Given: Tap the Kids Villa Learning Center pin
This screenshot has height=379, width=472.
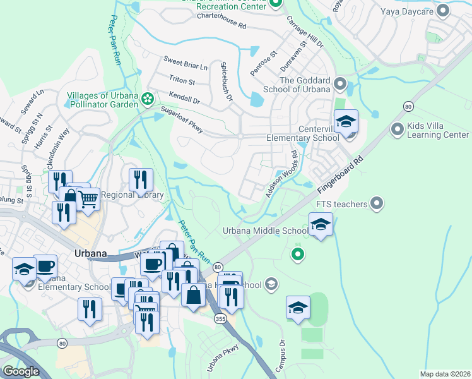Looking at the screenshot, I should tap(397, 129).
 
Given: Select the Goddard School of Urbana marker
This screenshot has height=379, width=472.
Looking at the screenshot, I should tap(340, 83).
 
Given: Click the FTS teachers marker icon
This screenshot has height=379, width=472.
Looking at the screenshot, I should tap(377, 203).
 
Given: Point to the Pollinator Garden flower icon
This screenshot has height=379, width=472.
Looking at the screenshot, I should tap(147, 98).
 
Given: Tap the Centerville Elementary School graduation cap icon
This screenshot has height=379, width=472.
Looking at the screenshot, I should tap(346, 122).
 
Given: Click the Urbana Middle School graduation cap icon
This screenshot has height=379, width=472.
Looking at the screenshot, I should tap(321, 224).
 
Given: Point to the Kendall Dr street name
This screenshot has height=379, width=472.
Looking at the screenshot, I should tap(184, 97).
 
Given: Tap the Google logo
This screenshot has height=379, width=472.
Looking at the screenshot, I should tap(21, 371).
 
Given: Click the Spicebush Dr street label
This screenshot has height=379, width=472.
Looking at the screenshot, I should tap(226, 81).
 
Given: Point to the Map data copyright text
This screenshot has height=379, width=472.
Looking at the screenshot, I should tap(445, 375).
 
